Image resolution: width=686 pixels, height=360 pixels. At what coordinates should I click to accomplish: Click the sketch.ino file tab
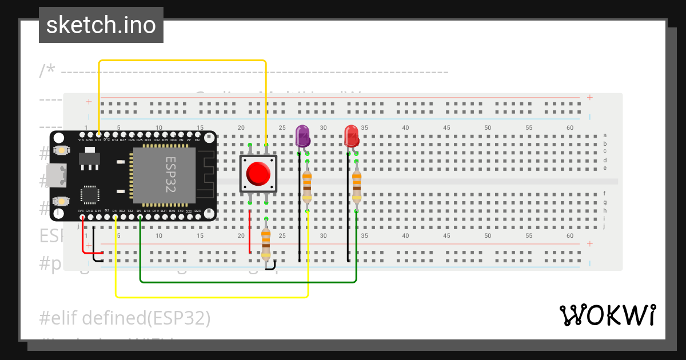click(101, 25)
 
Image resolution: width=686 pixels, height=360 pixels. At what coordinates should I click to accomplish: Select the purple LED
click(302, 136)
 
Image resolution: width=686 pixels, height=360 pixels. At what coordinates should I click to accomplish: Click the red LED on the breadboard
click(351, 136)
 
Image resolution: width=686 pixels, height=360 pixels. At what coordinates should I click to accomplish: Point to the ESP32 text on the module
click(170, 174)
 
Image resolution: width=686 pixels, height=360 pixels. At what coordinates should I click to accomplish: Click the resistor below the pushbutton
click(266, 242)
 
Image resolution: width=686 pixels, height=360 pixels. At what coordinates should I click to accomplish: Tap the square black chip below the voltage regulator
click(90, 194)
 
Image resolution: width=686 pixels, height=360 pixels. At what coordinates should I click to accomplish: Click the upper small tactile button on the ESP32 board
click(61, 150)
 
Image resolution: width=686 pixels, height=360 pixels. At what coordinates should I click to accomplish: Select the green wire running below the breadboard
click(246, 282)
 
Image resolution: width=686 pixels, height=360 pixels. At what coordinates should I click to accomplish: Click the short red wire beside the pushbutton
click(250, 232)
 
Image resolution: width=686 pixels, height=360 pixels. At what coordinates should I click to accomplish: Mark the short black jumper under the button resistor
click(271, 265)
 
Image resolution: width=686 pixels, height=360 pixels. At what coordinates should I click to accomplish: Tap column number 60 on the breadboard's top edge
click(569, 127)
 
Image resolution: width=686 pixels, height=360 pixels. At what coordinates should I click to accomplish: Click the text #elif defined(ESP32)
click(125, 318)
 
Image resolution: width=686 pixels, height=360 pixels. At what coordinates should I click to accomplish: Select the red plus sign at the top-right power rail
click(589, 97)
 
